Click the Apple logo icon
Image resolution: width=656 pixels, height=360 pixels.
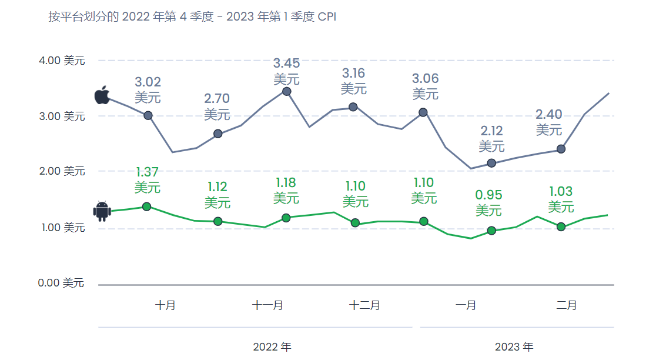click(x=102, y=95)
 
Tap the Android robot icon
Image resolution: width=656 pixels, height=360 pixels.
click(x=102, y=211)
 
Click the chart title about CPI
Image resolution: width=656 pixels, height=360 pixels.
click(x=192, y=16)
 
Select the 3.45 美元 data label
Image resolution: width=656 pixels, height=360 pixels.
click(x=286, y=71)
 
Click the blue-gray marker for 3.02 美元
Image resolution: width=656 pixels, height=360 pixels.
click(x=148, y=115)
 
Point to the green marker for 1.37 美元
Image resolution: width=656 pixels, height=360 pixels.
click(x=147, y=206)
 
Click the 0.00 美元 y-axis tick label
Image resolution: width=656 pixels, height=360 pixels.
click(x=61, y=284)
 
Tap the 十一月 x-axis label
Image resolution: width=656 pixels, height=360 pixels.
click(x=267, y=305)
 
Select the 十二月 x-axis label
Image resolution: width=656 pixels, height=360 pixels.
click(x=364, y=305)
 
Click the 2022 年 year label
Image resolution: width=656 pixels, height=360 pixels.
click(x=272, y=346)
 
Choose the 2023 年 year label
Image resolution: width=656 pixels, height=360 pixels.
click(x=514, y=346)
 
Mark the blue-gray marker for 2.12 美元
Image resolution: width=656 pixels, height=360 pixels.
click(x=491, y=163)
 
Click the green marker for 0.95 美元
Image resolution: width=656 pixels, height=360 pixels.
click(x=491, y=231)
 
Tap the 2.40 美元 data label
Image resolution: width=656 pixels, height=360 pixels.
click(x=549, y=122)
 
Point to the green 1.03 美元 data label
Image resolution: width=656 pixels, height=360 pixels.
click(x=561, y=199)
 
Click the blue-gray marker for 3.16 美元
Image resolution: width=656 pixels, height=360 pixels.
click(x=353, y=107)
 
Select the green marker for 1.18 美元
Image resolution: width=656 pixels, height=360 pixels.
click(x=286, y=218)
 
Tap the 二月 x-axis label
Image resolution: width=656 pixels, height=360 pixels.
click(x=567, y=305)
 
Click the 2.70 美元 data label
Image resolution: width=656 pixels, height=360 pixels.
click(x=217, y=106)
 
